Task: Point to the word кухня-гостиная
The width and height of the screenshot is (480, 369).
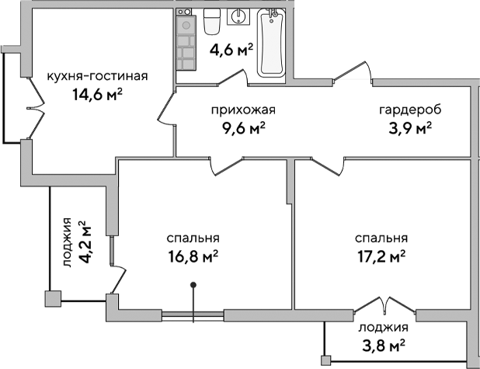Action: point(97,76)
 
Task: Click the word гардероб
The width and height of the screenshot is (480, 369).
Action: point(405,110)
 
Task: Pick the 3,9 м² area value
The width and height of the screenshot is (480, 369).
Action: point(409,127)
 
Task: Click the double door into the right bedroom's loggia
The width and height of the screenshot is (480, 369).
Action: point(384,305)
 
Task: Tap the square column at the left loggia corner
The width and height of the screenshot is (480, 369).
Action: point(53,296)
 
